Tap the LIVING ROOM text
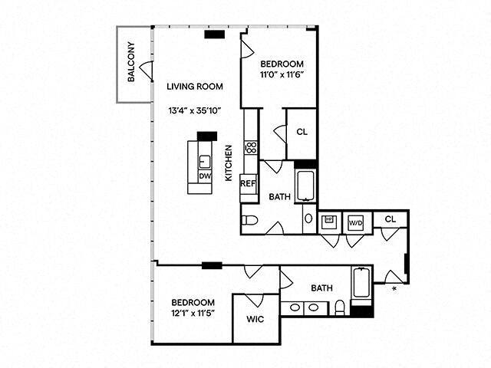[195, 86]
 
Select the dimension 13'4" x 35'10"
[195, 110]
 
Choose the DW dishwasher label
[204, 176]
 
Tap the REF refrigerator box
[248, 184]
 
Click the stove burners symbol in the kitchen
[250, 147]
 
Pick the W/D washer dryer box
[355, 222]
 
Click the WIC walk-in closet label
[255, 319]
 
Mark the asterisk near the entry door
[394, 289]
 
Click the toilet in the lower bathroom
[339, 308]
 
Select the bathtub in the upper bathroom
[305, 184]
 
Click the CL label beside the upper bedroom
[302, 131]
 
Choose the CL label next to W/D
[390, 219]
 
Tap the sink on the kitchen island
[205, 162]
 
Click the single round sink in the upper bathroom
[308, 219]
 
